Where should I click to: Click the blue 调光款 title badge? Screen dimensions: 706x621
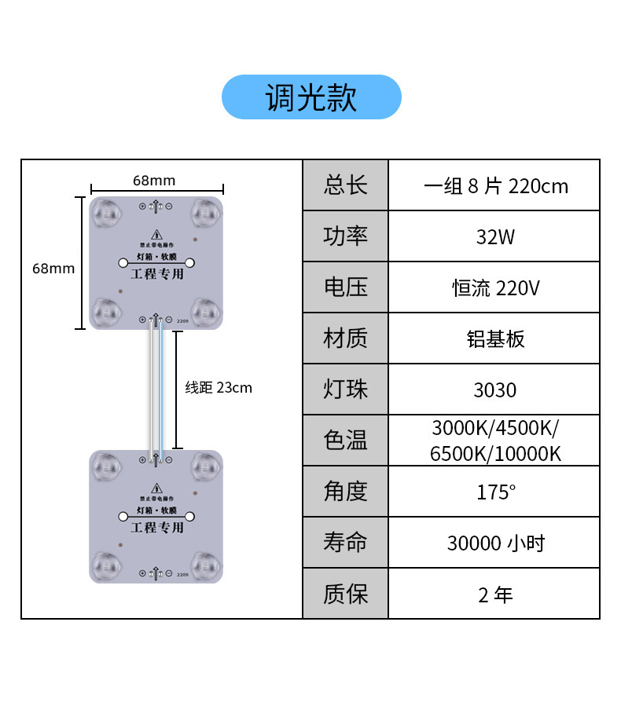[311, 97]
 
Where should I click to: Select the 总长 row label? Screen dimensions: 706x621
[345, 185]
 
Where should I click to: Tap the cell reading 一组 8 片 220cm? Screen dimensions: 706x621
[494, 186]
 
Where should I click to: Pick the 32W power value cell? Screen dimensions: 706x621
[494, 236]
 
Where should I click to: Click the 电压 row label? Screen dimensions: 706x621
[345, 287]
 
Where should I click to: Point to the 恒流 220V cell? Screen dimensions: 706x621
[494, 288]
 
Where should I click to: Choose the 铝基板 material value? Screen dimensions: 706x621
[494, 338]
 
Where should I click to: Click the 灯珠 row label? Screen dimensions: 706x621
[345, 390]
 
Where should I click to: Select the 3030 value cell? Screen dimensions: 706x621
[494, 390]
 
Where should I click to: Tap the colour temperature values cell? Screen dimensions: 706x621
[494, 441]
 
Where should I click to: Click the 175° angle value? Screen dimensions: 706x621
[494, 492]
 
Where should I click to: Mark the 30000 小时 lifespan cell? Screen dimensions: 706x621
[494, 543]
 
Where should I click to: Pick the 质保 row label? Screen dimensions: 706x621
[345, 594]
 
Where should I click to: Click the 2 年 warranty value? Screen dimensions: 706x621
[494, 594]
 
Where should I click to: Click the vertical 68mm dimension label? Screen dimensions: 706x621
[53, 269]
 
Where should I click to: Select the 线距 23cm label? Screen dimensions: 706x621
[219, 387]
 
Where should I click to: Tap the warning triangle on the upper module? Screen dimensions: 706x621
[156, 234]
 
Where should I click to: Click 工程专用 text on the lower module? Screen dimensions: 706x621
[156, 528]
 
